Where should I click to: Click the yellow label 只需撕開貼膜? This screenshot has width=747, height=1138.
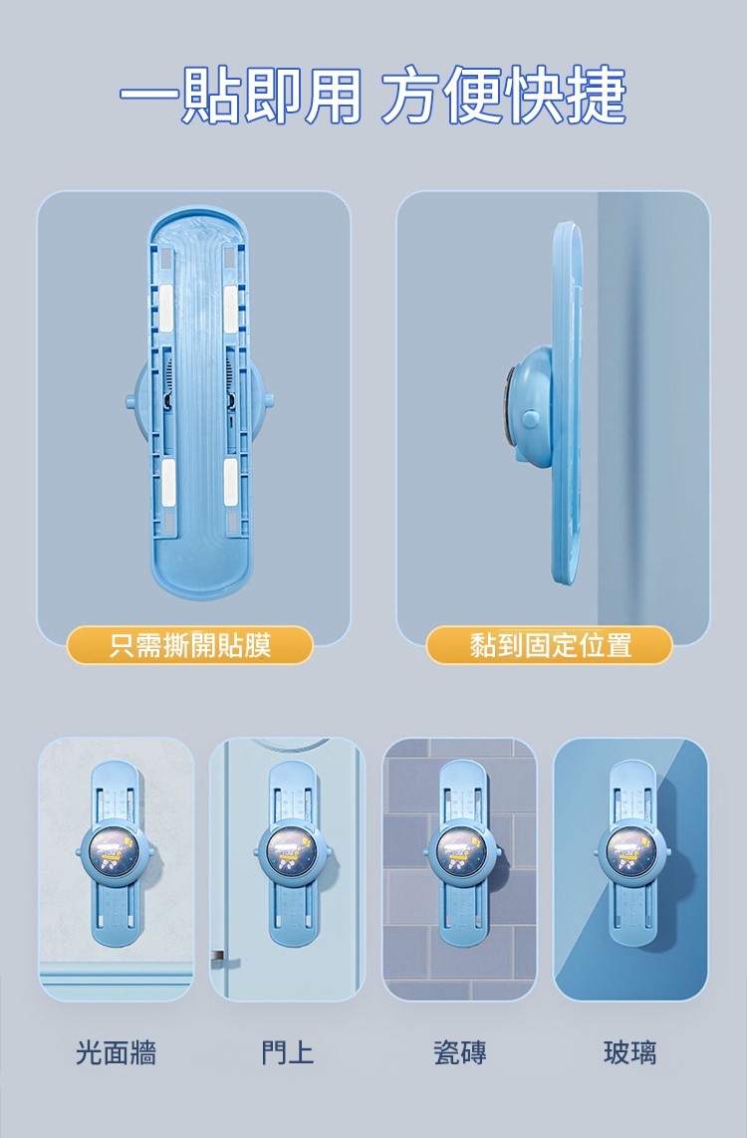pyautogui.click(x=189, y=645)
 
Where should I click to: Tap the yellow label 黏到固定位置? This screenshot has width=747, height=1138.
pyautogui.click(x=550, y=645)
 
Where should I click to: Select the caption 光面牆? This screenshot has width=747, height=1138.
pyautogui.click(x=117, y=1052)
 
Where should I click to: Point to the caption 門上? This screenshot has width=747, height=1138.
pyautogui.click(x=288, y=1052)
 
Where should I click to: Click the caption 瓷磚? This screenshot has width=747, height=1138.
pyautogui.click(x=459, y=1052)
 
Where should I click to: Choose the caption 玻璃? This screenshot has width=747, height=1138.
pyautogui.click(x=630, y=1052)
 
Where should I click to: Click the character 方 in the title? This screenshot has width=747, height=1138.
pyautogui.click(x=411, y=95)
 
